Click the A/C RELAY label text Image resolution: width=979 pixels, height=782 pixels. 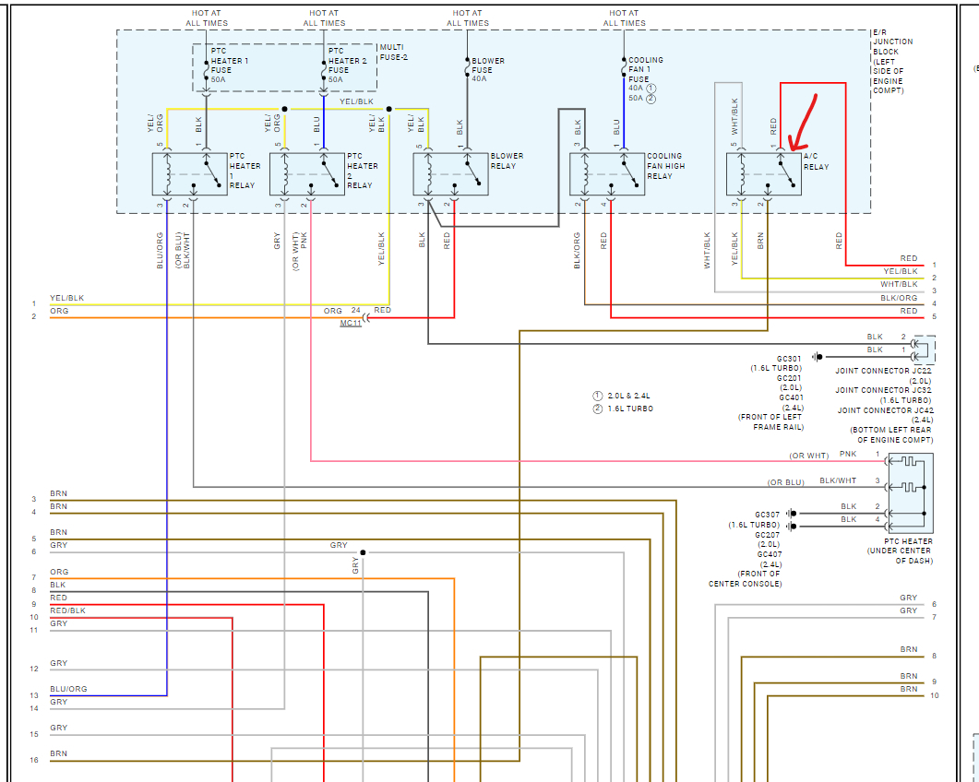point(817,161)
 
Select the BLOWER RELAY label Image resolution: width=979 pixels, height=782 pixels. point(507,161)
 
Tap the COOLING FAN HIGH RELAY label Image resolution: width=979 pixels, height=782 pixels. point(665,166)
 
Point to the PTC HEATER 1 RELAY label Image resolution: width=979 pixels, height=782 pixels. point(245,171)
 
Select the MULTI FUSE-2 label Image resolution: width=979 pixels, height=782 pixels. point(395,53)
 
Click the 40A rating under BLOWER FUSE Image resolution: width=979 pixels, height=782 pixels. point(479,79)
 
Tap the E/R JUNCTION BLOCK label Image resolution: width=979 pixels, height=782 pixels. point(892,61)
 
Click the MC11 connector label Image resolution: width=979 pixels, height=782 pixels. point(351,324)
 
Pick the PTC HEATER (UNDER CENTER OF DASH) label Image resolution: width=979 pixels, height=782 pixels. point(908,551)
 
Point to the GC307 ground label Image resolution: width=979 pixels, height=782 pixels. point(767,514)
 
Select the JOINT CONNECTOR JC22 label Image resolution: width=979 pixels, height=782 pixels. point(885,371)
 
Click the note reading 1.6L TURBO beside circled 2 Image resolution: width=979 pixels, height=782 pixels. point(630,409)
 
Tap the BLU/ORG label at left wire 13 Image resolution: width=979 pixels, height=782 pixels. point(69,689)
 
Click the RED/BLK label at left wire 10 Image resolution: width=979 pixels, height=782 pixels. point(67,610)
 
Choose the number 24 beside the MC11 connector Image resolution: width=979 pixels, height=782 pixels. point(355,310)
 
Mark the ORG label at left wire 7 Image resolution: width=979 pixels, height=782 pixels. point(59,572)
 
